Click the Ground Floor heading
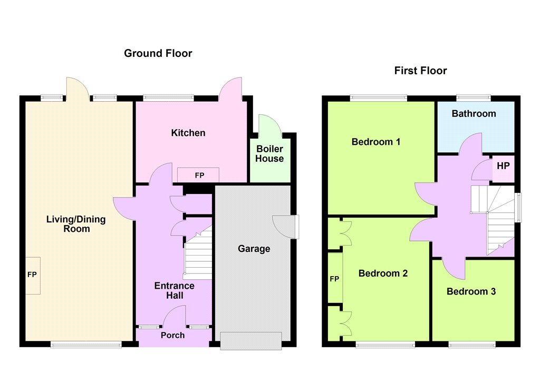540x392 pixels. click(158, 53)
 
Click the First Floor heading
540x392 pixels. click(420, 71)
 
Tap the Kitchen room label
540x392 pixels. click(188, 133)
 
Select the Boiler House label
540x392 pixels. click(269, 154)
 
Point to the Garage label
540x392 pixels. click(254, 249)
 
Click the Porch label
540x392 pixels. click(172, 335)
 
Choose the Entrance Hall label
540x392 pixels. click(174, 290)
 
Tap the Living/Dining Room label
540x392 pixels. click(76, 224)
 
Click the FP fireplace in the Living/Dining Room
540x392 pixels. click(33, 276)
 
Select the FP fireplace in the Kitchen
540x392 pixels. click(198, 175)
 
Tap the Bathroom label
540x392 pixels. click(474, 114)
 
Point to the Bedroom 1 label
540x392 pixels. click(375, 142)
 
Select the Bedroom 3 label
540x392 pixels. click(471, 291)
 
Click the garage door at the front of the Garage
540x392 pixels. click(250, 341)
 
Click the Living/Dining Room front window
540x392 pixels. click(86, 344)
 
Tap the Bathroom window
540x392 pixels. click(474, 98)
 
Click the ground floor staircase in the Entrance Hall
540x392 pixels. click(198, 254)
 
